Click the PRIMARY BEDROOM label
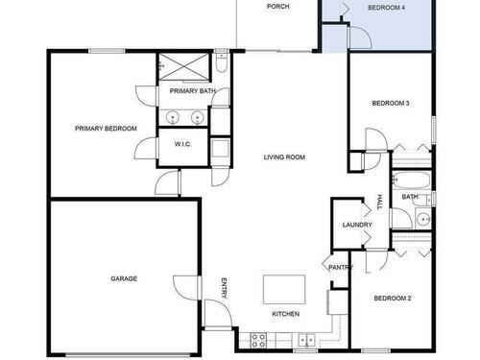tap(106, 129)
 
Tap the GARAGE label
tap(124, 278)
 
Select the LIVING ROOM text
tap(284, 157)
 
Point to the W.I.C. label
tap(183, 144)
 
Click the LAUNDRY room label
tap(357, 225)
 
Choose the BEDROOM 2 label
tap(393, 299)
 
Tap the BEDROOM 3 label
tap(391, 104)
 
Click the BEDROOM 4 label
tap(386, 8)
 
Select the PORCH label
tap(278, 7)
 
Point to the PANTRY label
tap(341, 268)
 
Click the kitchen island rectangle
tap(284, 289)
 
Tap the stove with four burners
tap(258, 340)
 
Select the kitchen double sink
tap(306, 340)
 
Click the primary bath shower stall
tap(183, 66)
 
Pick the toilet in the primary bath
tap(221, 61)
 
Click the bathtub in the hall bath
tap(412, 180)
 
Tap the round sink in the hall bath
tap(423, 219)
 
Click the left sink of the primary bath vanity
tap(173, 117)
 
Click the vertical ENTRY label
tap(225, 288)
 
